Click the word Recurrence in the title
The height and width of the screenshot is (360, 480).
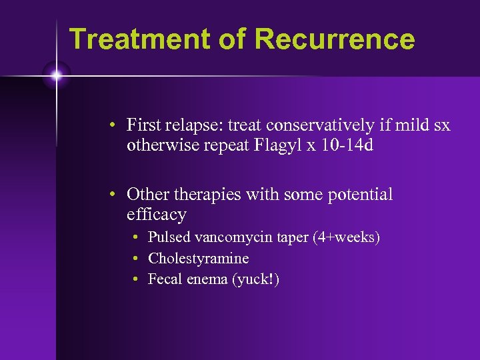point(334,39)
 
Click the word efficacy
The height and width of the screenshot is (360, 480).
point(156,214)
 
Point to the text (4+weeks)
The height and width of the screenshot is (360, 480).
point(346,237)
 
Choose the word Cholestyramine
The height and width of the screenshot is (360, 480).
point(198,258)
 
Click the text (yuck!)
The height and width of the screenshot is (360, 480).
point(255,279)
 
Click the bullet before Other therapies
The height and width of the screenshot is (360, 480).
point(115,195)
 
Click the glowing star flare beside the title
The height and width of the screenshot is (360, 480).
point(56,75)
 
